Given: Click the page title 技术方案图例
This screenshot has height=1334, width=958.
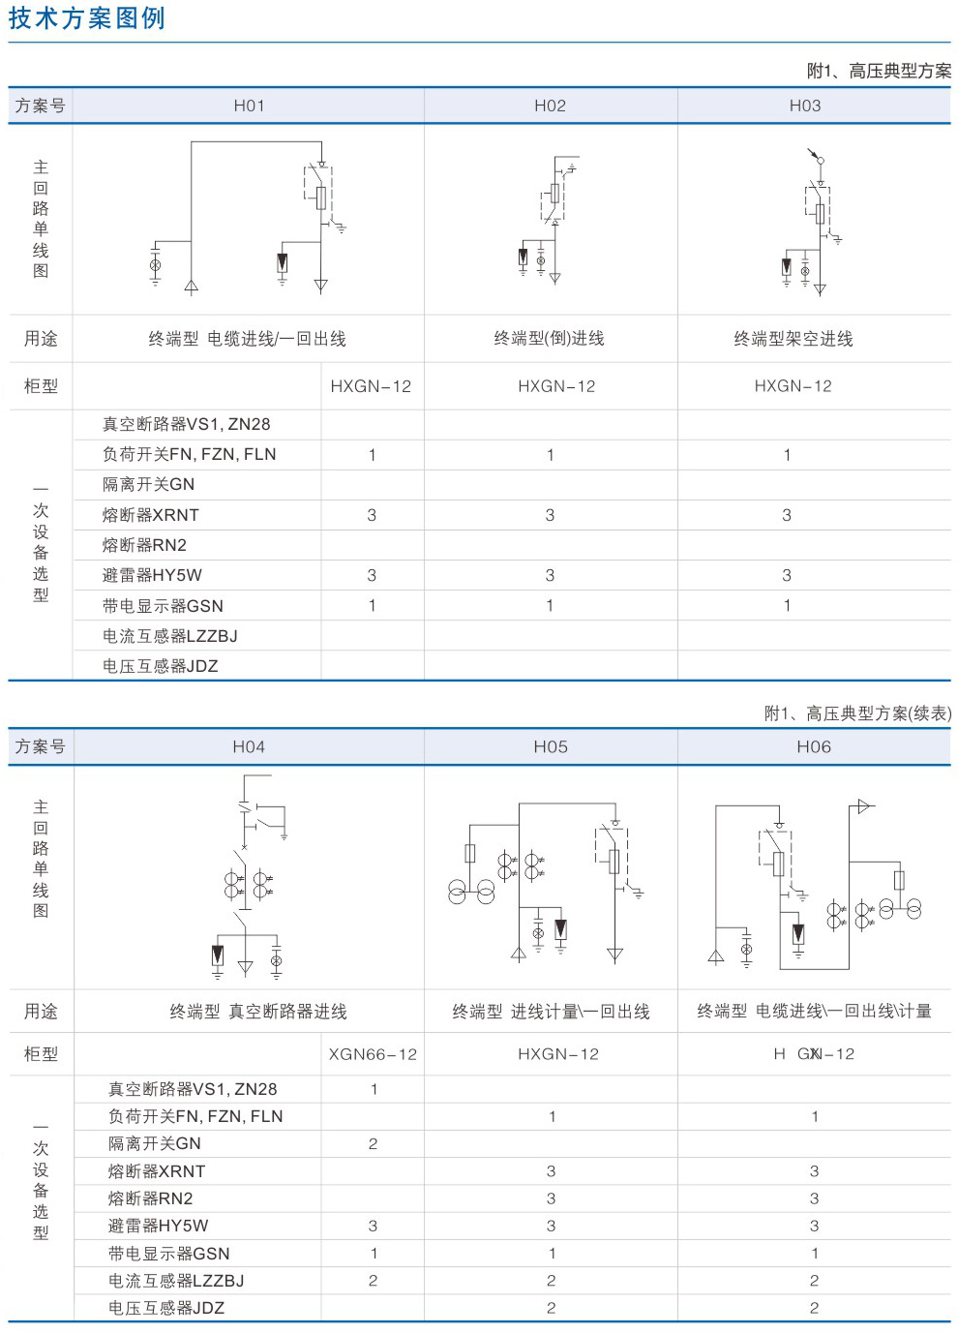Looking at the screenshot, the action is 86,18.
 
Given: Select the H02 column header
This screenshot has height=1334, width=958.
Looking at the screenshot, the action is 551,106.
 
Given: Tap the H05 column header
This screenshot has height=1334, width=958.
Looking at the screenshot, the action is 551,746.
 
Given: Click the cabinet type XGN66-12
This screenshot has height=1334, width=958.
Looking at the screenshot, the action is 373,1054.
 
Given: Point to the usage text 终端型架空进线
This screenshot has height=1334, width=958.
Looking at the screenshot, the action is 793,339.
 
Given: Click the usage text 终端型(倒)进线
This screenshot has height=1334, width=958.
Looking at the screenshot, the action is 549,338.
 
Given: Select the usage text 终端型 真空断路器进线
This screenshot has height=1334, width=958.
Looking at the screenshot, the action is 258,1012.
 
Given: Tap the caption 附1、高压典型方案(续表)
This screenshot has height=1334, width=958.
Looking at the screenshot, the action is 858,712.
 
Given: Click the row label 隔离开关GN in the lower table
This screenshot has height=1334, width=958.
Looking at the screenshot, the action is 155,1143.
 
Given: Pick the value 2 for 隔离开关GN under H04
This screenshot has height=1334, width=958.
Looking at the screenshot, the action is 373,1143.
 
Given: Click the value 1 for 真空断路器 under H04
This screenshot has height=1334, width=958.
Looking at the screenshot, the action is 374,1089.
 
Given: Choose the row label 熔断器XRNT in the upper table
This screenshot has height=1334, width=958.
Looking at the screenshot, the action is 151,515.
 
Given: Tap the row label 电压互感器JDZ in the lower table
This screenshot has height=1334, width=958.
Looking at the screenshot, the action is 166,1308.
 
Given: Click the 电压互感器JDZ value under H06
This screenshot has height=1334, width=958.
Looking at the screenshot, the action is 814,1308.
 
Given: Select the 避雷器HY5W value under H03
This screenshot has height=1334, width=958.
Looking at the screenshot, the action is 787,575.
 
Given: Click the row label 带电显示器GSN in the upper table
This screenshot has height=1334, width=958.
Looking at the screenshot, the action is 163,606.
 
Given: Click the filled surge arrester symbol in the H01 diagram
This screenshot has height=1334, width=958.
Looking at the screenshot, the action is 283,262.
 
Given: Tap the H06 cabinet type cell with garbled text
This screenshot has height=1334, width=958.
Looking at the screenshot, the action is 814,1054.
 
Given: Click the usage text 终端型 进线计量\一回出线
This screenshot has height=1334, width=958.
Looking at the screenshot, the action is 551,1012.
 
